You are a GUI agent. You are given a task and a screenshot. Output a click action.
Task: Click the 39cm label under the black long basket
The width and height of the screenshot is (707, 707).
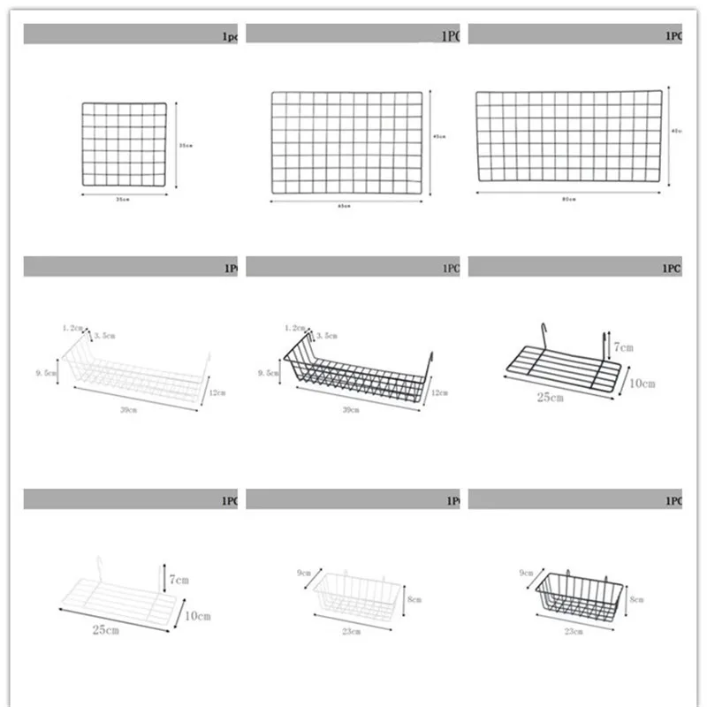pos(351,411)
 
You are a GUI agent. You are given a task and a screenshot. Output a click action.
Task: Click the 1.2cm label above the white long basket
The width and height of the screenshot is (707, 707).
pos(72,327)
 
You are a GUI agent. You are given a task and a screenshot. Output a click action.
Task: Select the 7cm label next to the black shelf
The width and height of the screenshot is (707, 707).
pos(624,347)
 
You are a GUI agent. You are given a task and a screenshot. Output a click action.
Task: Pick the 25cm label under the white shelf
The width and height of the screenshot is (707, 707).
pos(105,630)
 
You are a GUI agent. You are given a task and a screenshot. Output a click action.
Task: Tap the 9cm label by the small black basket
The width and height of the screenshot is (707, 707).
pos(527,574)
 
